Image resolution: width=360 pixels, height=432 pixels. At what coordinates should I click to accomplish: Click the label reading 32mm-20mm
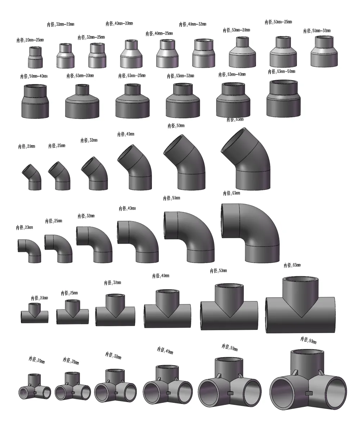click(x=60, y=24)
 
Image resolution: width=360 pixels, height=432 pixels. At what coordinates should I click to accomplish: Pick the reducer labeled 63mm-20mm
click(x=82, y=101)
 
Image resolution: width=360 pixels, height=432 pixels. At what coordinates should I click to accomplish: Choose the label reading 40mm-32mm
click(x=193, y=24)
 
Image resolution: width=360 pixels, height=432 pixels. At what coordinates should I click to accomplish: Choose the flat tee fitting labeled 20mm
click(x=34, y=313)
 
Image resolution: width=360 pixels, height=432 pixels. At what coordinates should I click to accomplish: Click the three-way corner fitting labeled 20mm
click(x=35, y=388)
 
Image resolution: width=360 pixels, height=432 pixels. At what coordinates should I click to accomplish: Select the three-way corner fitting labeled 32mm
click(x=115, y=387)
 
